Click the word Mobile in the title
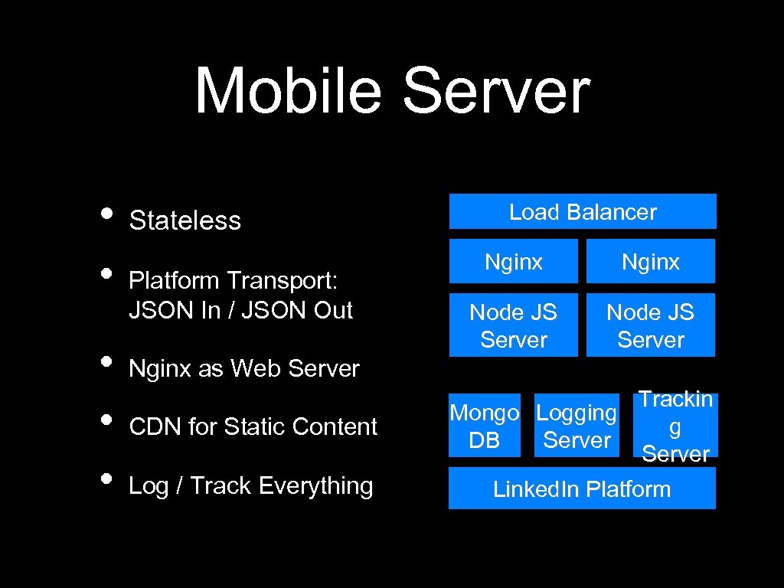click(288, 92)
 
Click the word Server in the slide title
click(495, 92)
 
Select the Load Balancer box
click(583, 212)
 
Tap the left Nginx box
click(513, 262)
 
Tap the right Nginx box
click(650, 262)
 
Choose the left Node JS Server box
click(513, 325)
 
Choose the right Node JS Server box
click(650, 325)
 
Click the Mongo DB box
click(484, 426)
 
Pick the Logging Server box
click(577, 426)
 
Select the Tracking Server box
click(676, 426)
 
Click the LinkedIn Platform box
click(582, 489)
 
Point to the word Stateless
click(185, 220)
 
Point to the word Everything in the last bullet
click(315, 486)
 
